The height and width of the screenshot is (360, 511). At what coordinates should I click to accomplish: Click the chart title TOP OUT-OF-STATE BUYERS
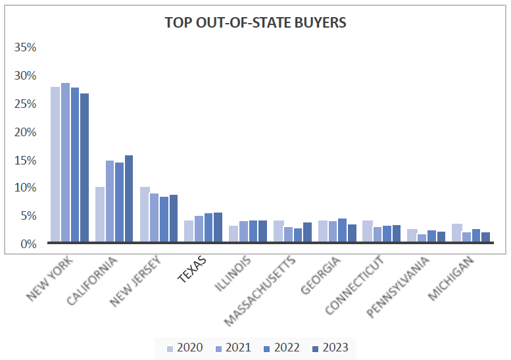[255, 22]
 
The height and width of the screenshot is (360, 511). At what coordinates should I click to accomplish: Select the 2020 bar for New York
[55, 165]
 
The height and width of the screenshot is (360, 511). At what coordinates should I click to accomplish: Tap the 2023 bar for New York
[84, 168]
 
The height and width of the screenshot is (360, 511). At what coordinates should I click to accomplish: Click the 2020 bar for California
[100, 215]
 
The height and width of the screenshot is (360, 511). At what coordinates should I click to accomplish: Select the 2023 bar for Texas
[218, 227]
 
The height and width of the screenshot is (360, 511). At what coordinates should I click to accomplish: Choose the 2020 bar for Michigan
[456, 233]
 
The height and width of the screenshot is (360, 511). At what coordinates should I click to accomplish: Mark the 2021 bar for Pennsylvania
[422, 238]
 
